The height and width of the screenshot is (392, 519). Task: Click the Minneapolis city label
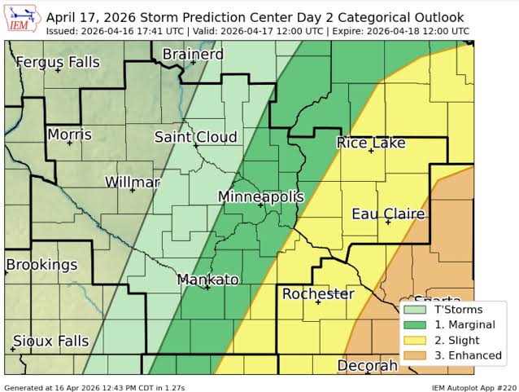[x=260, y=197]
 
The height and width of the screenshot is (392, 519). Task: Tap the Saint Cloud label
[x=196, y=137]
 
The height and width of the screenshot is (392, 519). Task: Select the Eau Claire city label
[x=388, y=214]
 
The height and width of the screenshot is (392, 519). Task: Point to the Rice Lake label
[x=371, y=143]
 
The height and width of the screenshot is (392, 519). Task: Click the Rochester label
[x=317, y=293]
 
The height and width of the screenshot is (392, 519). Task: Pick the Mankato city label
[x=208, y=280]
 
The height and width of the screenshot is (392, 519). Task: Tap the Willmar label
[x=133, y=182]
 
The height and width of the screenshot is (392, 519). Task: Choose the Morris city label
[x=69, y=134]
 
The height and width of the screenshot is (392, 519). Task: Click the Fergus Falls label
[x=57, y=62]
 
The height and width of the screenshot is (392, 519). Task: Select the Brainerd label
[x=193, y=55]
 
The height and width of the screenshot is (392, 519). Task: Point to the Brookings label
[x=41, y=265]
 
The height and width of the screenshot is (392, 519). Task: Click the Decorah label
[x=368, y=365]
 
